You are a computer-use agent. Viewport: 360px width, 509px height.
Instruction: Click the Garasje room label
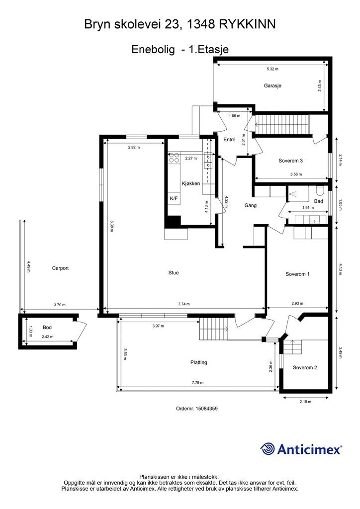click(272, 85)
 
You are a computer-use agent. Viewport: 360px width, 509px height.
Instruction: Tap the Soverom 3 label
click(290, 161)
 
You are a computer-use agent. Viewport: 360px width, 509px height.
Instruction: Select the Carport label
click(60, 268)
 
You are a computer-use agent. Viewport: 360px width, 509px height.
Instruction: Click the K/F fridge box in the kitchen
click(174, 198)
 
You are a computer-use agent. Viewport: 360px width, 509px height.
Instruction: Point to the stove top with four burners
click(174, 158)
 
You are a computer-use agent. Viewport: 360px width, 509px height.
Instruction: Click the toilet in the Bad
click(319, 190)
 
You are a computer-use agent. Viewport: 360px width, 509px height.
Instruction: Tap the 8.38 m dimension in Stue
click(111, 226)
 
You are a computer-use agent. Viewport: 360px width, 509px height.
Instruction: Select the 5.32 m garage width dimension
click(272, 69)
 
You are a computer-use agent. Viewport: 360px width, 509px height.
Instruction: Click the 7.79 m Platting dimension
click(197, 382)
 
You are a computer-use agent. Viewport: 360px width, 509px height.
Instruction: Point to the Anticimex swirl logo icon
click(268, 449)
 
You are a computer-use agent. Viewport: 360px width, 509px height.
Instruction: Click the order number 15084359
click(206, 409)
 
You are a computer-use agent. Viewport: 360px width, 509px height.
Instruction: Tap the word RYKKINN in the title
click(247, 24)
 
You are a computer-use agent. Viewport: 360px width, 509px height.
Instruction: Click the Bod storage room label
click(47, 328)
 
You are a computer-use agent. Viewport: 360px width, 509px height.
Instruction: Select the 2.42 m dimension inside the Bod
click(47, 337)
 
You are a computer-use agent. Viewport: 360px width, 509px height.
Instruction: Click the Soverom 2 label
click(305, 367)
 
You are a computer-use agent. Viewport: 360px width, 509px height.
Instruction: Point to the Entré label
click(230, 140)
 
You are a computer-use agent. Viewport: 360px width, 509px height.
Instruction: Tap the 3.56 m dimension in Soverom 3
click(296, 174)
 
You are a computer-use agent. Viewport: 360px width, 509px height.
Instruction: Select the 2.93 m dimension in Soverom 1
click(297, 304)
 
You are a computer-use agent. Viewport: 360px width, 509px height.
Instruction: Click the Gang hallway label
click(250, 205)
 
